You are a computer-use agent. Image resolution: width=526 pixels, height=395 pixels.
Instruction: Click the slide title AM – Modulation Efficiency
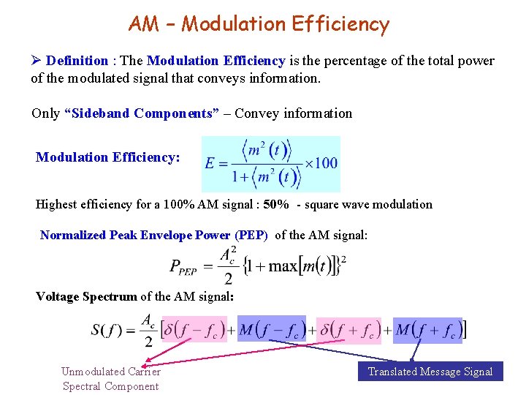coord(259,24)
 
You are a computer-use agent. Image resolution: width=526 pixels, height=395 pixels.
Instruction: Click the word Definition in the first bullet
coord(77,61)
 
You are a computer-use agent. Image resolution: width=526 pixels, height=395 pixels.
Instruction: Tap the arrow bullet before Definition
coord(37,61)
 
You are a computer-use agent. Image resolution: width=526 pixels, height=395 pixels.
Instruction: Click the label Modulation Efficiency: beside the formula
coord(108,157)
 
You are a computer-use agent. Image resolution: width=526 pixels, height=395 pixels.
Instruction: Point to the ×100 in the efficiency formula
coord(321,162)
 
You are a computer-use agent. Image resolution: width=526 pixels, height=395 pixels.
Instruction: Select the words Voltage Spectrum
coord(86,296)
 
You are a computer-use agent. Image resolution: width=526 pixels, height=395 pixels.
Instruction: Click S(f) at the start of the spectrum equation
coord(107,330)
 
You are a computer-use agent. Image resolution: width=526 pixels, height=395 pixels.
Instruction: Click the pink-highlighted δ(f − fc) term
coord(194,330)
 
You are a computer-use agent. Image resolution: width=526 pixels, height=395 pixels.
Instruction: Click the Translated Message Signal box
coord(430,372)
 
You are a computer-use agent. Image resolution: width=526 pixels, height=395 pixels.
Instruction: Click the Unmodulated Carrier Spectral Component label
coord(111,379)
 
